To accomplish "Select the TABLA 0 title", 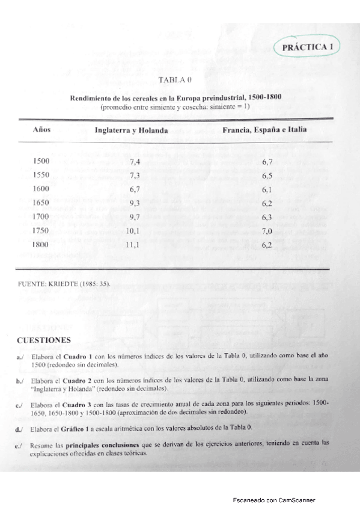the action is pos(174,80).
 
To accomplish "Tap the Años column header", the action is pos(41,130).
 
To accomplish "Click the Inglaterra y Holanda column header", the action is pos(131,131).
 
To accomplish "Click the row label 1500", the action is pos(42,162).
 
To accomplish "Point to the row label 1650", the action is pos(42,203).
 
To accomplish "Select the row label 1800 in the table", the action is pos(42,245).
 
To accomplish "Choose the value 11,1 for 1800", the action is pos(133,245).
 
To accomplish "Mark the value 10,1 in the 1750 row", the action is pos(133,231).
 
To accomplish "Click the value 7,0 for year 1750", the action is pos(267,232).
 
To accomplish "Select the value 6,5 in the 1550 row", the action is pos(267,176).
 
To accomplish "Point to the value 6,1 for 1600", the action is pos(267,190).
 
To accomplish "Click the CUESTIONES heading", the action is pos(44,340).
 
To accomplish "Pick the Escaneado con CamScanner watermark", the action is pos(274,500).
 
